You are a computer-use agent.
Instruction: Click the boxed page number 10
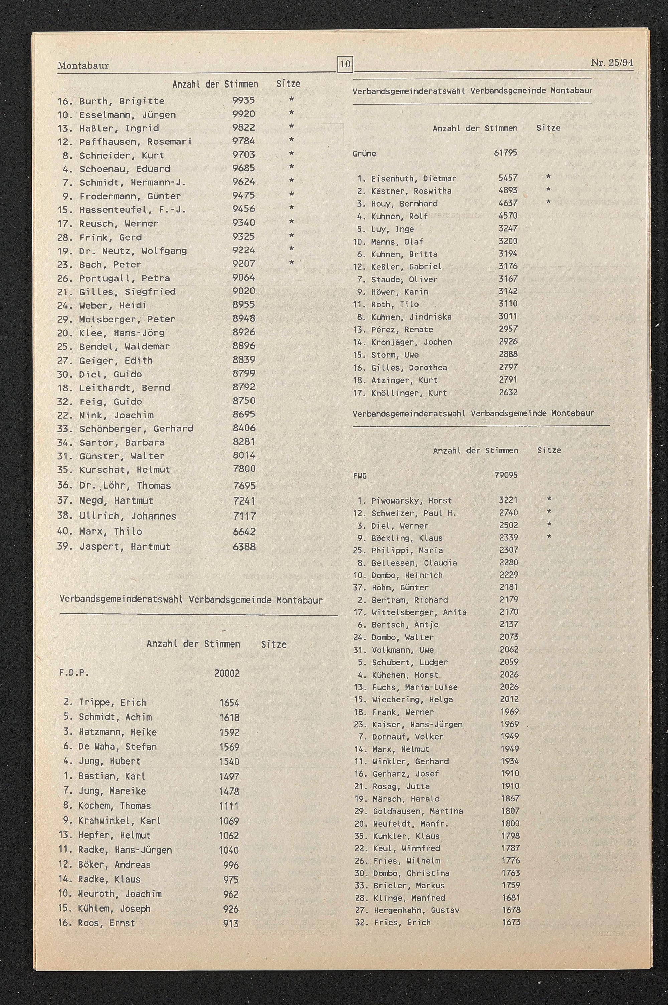(x=345, y=64)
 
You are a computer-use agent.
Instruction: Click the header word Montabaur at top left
(x=83, y=65)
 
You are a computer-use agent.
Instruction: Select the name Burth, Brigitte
(x=122, y=101)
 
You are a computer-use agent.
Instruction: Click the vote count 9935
(x=244, y=100)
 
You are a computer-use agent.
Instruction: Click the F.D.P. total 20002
(x=227, y=673)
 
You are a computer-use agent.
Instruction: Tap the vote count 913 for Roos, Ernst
(x=231, y=923)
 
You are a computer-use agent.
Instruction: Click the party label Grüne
(x=364, y=154)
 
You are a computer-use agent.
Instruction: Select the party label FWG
(x=360, y=476)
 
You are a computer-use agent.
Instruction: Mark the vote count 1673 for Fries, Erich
(x=511, y=922)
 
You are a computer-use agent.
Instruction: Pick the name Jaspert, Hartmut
(x=125, y=547)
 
